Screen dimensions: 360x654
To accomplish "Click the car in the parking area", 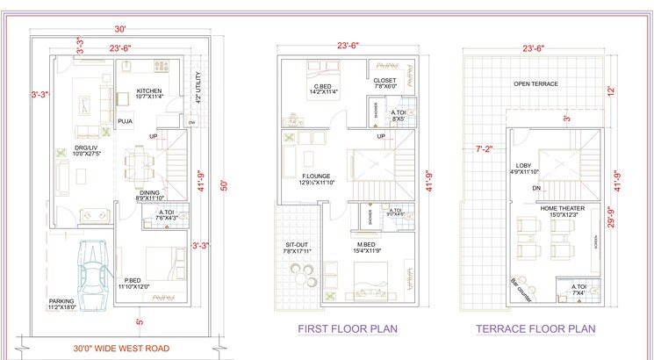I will click(94, 271).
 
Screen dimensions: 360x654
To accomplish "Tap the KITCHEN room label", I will click(149, 91).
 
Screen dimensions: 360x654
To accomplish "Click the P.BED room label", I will click(132, 280).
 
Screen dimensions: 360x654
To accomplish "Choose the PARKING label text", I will click(61, 301).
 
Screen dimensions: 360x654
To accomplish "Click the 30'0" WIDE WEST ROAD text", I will click(109, 348).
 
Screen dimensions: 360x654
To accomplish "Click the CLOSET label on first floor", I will click(385, 81).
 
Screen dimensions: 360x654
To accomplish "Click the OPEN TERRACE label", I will click(535, 83).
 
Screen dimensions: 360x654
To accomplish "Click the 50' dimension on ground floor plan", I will click(223, 185).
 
